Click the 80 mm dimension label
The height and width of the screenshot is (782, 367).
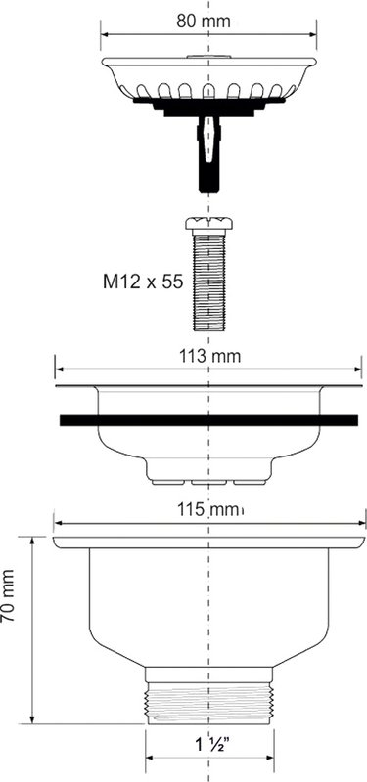point(204,21)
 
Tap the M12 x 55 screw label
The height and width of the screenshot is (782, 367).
point(143,282)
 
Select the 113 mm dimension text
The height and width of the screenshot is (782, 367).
point(209,357)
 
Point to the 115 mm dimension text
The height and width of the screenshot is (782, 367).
point(210,510)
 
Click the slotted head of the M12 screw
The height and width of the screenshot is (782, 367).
point(208,223)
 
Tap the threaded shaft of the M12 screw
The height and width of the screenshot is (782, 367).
point(208,280)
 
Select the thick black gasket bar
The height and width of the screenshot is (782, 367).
point(208,420)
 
